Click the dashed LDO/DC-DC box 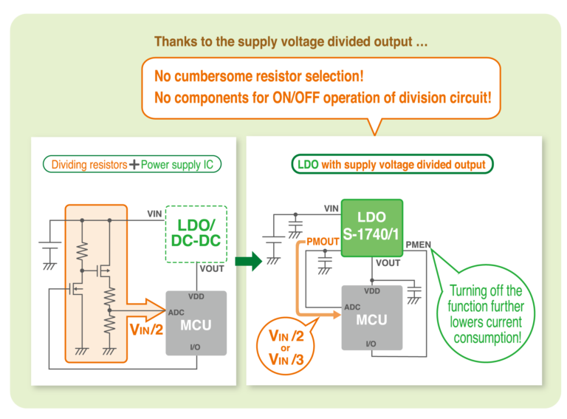coord(196,234)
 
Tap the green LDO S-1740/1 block coord(371,228)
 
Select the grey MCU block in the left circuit coord(196,323)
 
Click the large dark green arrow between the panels coord(250,261)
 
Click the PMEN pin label coord(419,245)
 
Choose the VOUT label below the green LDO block coord(388,263)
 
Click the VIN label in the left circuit coord(154,214)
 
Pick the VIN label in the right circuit coord(331,208)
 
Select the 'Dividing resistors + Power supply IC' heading coord(132,164)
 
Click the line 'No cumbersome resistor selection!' coord(258,77)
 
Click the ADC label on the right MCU coord(352,306)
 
